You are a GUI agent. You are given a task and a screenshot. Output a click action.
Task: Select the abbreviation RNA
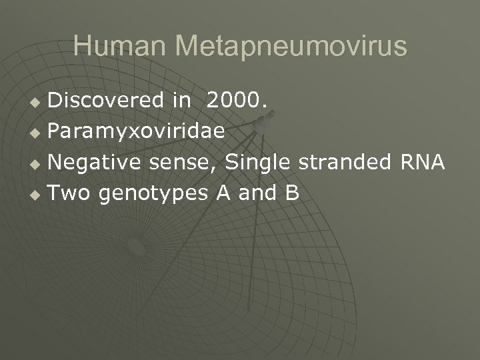click(x=421, y=162)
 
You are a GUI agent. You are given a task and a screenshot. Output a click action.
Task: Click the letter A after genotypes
click(x=223, y=193)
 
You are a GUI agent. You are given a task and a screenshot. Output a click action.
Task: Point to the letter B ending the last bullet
click(x=292, y=193)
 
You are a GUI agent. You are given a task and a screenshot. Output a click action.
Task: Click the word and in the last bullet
click(x=257, y=193)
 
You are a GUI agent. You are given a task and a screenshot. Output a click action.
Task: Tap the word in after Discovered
click(x=181, y=100)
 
